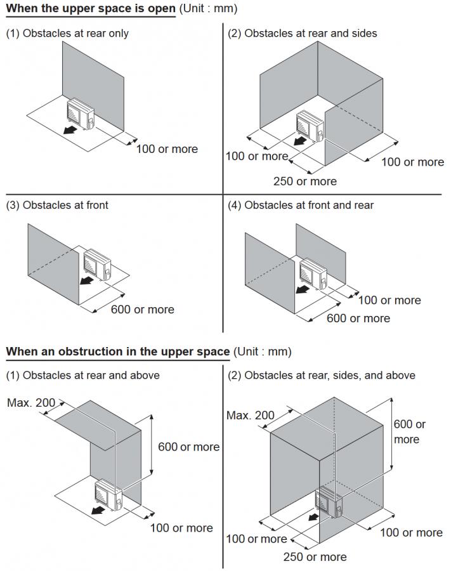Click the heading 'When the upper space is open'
(x=90, y=9)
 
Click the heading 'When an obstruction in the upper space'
(x=118, y=351)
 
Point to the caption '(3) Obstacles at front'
(x=57, y=205)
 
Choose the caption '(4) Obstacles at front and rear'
(x=301, y=205)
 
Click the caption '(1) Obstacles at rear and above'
(x=82, y=375)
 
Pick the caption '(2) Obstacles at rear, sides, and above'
(x=322, y=375)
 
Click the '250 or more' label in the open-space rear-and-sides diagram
(x=305, y=181)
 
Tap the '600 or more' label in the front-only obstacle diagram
(x=142, y=310)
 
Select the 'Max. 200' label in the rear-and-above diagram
(x=31, y=403)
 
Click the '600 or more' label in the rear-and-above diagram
(x=188, y=447)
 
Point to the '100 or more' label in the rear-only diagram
(x=167, y=149)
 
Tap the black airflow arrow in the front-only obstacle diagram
(x=86, y=280)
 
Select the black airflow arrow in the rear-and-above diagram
(x=96, y=509)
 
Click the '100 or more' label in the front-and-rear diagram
(x=389, y=300)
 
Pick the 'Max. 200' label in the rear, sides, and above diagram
(x=251, y=416)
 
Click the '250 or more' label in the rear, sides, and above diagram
(x=315, y=557)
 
